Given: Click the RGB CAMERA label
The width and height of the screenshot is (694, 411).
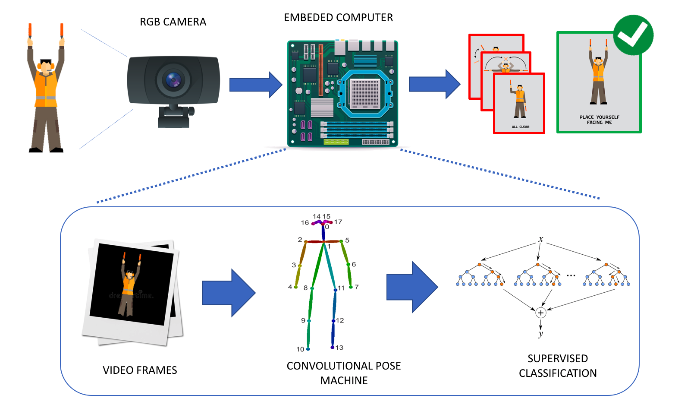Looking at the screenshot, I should coord(173,22).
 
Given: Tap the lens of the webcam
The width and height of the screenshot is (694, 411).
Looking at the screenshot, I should coord(173,80).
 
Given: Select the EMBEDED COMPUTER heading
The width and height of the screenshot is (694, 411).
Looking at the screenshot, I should coord(338,18).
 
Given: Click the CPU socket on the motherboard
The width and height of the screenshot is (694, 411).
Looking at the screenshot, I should coord(365,93).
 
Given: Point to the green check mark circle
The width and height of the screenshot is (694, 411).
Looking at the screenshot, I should coord(633,35).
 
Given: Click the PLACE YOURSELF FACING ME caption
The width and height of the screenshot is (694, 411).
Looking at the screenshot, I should coord(599,120).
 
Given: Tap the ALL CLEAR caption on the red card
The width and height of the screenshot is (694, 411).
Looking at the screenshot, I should coord(520,127).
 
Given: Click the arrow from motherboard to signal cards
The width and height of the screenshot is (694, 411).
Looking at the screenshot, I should coord(434,84).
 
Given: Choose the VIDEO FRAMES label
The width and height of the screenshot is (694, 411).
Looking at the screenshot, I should coord(140,370).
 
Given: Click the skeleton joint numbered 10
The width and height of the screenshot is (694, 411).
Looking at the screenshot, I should coord(308,348).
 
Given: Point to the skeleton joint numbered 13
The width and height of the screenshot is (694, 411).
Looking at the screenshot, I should coord(333,347).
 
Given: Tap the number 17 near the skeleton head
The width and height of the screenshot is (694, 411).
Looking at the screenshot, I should coord(338,222).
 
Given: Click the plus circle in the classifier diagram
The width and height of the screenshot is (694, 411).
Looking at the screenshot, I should coord(540,313).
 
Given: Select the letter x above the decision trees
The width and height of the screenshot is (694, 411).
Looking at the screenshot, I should coord(541,239).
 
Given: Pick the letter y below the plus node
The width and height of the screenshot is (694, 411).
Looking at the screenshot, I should coord(540,333).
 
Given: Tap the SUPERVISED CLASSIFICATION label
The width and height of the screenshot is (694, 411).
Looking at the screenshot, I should coord(558,366).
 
